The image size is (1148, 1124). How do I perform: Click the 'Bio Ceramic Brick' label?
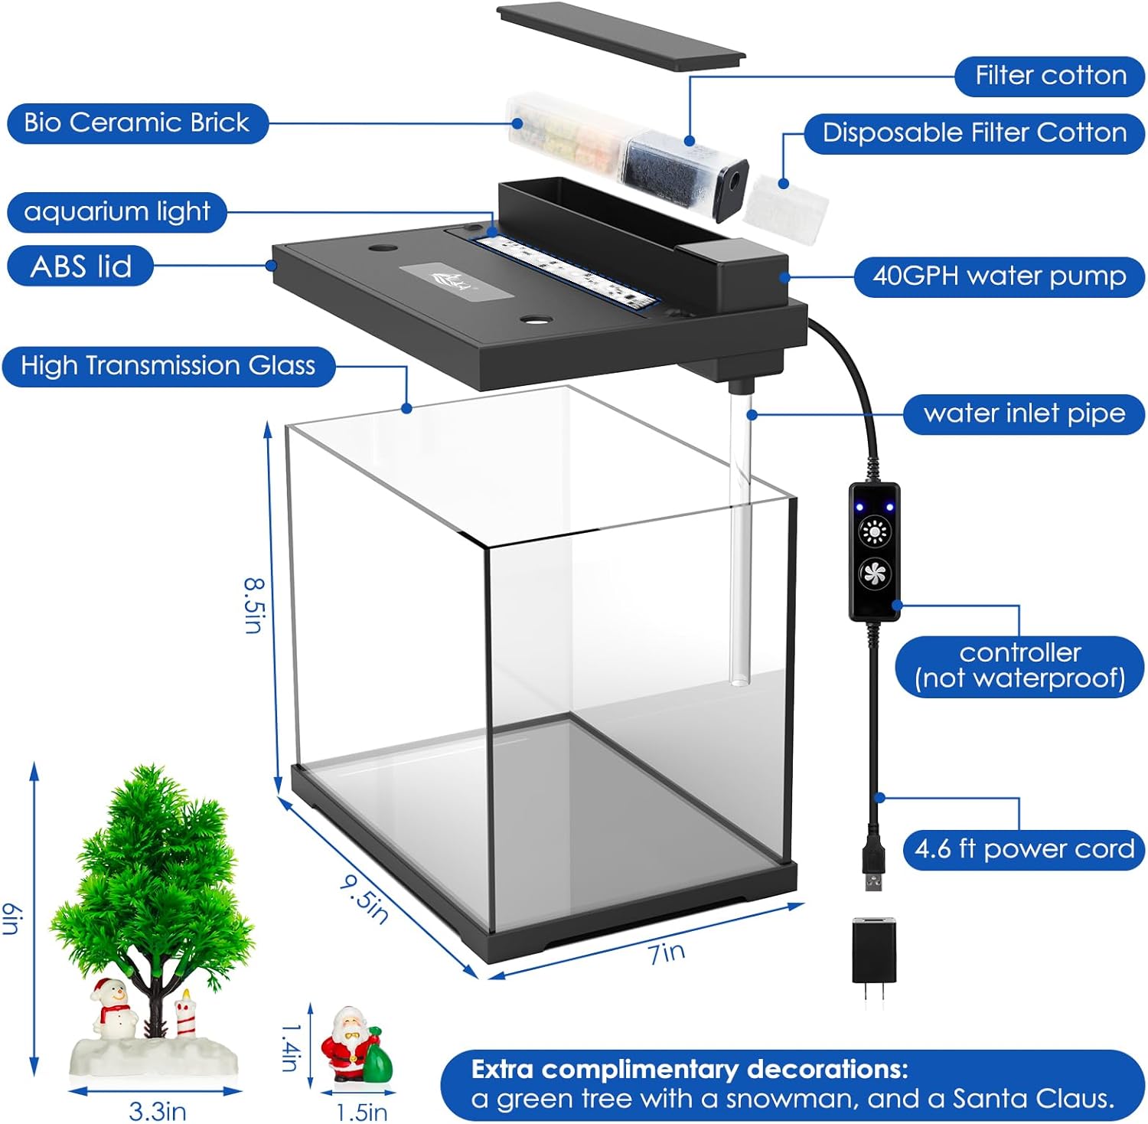pos(137,123)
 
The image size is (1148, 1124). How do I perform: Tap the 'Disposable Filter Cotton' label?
pos(974,133)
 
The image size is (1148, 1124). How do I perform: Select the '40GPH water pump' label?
pos(999,276)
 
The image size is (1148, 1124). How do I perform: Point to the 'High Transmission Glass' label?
pos(168,366)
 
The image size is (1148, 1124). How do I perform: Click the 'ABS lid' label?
pos(80,266)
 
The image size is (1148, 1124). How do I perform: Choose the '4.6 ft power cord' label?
pos(1024,849)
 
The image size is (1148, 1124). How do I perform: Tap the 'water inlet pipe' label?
pos(1024,414)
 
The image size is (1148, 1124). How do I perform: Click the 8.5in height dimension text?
pos(255,604)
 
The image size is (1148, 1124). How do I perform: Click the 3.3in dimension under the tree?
pos(158,1110)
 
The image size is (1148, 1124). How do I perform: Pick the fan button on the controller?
pos(874,573)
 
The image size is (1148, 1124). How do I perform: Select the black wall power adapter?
pos(873,953)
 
